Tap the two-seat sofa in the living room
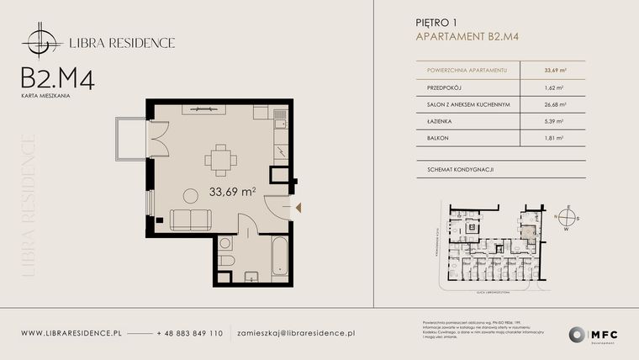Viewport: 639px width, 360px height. pyautogui.click(x=192, y=220)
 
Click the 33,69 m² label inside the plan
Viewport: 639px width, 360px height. pyautogui.click(x=232, y=193)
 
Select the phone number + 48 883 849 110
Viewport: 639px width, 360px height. pyautogui.click(x=189, y=334)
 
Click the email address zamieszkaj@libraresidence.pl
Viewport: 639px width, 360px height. pyautogui.click(x=296, y=334)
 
